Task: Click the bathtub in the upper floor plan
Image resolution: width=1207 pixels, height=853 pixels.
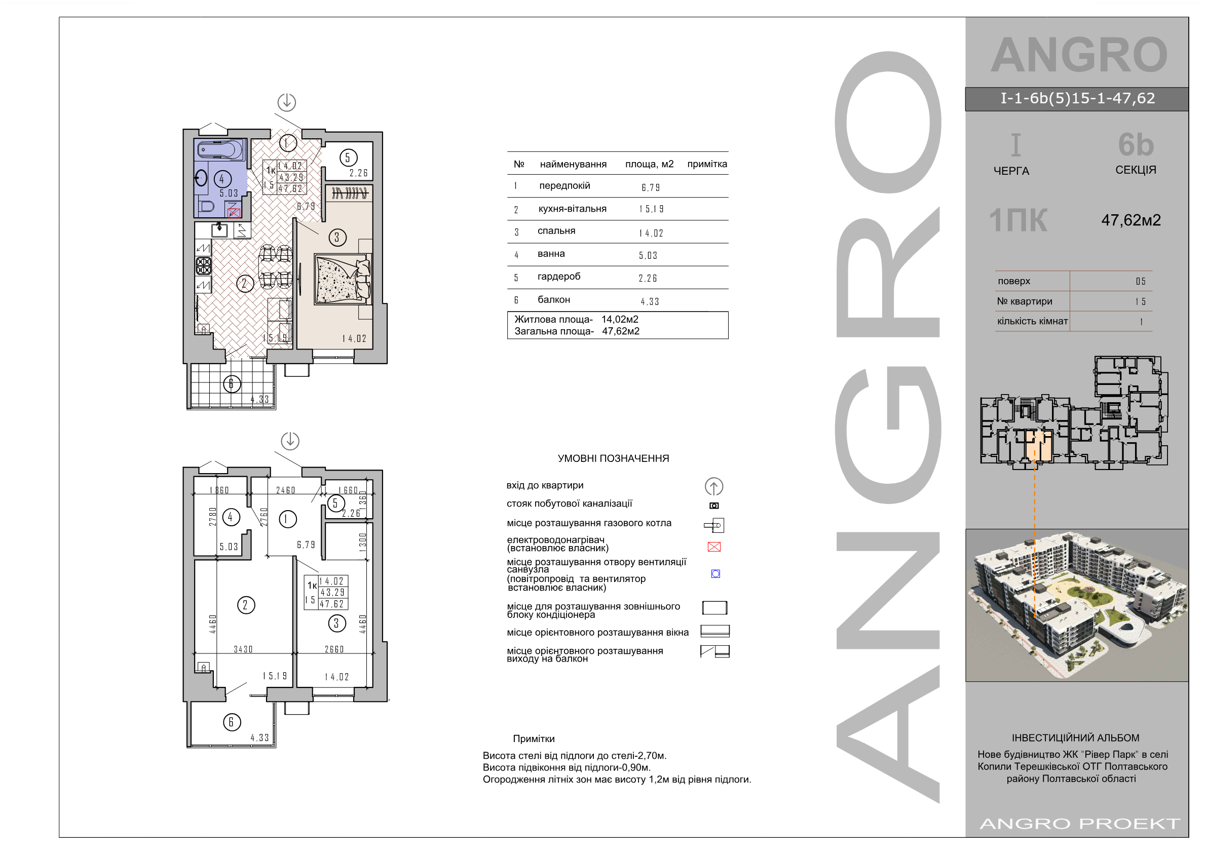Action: pyautogui.click(x=221, y=150)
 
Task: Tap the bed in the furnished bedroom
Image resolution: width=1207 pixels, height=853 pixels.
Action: pyautogui.click(x=343, y=279)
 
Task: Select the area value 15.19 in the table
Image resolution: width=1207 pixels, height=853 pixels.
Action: pyautogui.click(x=652, y=209)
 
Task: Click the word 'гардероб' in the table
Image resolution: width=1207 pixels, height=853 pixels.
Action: pyautogui.click(x=559, y=277)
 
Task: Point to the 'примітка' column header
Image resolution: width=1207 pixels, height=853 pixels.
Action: pyautogui.click(x=707, y=164)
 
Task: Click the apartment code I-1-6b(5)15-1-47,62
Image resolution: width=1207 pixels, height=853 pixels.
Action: pyautogui.click(x=1078, y=98)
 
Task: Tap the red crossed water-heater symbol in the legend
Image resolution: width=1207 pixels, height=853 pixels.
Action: pyautogui.click(x=714, y=547)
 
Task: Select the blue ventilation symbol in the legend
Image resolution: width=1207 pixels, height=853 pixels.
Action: pyautogui.click(x=715, y=574)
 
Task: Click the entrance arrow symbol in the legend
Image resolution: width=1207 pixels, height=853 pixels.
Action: pyautogui.click(x=714, y=487)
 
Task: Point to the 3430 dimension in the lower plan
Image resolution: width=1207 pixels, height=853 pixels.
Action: pyautogui.click(x=243, y=649)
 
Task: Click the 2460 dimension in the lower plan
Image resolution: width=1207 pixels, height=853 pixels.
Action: pyautogui.click(x=285, y=490)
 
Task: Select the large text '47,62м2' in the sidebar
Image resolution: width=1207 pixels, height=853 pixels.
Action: pyautogui.click(x=1131, y=220)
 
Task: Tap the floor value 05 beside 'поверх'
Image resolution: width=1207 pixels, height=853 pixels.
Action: pyautogui.click(x=1140, y=281)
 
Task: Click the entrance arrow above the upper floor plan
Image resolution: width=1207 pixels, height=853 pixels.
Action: pyautogui.click(x=286, y=102)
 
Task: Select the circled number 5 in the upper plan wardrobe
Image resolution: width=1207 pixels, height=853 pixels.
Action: pyautogui.click(x=348, y=158)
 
